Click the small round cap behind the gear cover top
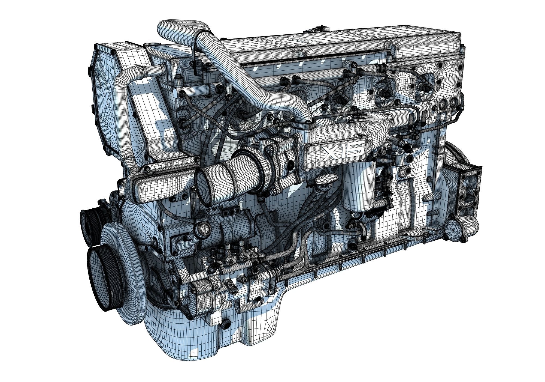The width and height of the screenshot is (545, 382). point(150,44)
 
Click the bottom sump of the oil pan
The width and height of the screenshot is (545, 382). point(191,344)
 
